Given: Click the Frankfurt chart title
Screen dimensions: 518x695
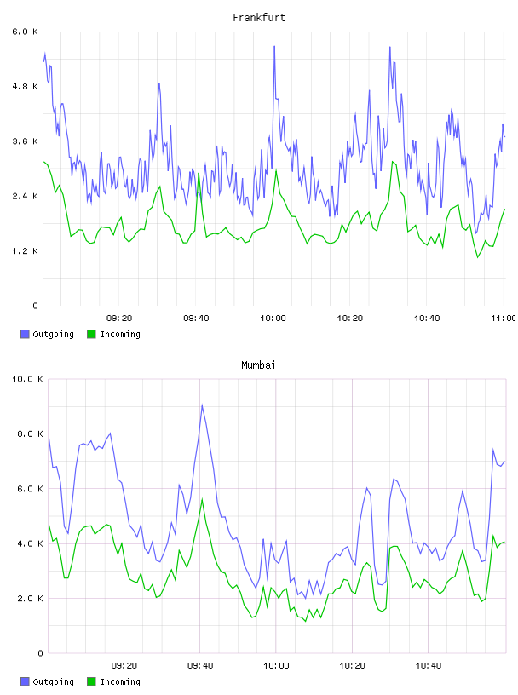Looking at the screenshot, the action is coord(259,18).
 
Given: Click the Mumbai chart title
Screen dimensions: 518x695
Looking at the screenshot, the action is coord(258,365).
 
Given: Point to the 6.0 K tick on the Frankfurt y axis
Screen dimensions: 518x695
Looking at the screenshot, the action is coord(26,32).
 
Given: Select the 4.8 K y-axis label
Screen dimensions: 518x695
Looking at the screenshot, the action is coord(26,86).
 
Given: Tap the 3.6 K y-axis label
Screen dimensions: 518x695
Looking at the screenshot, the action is coord(26,141).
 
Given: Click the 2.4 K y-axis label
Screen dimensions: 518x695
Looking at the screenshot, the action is coord(26,197).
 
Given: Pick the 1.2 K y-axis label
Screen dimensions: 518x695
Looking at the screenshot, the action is coord(26,251).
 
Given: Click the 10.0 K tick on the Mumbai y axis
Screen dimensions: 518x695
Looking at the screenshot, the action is coord(27,379).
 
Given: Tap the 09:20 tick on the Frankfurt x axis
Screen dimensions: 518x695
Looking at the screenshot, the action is coord(119,319).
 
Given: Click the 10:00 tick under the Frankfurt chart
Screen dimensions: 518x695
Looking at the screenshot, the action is coord(273,319).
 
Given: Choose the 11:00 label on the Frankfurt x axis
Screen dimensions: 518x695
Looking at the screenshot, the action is coord(504,319).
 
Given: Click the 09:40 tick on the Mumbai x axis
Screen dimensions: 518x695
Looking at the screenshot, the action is coord(200,666).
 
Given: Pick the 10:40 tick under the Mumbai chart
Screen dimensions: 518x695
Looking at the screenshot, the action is coord(429,666).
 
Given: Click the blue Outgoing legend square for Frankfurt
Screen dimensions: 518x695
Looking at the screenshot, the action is coord(25,334).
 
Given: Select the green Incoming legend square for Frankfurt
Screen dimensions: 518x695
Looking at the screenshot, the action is coord(91,334).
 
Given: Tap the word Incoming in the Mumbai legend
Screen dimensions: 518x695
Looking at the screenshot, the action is coord(121,681).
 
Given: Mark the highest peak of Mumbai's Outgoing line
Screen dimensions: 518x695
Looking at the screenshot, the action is coord(202,405).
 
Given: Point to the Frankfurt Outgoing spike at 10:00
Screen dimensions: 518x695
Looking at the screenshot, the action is coord(274,46).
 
